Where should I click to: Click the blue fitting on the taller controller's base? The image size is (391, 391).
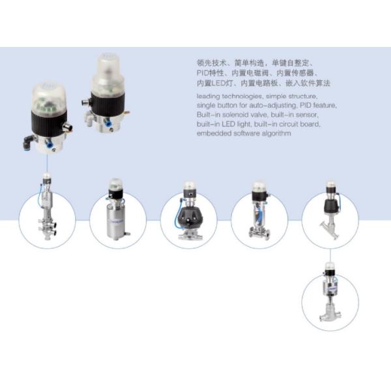coord(108,123)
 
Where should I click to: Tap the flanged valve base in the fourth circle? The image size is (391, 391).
coord(259,234)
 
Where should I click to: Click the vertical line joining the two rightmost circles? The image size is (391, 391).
coord(330,255)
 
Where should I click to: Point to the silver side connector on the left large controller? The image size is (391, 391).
coord(67,127)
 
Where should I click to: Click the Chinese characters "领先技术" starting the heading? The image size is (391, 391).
coord(212,63)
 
